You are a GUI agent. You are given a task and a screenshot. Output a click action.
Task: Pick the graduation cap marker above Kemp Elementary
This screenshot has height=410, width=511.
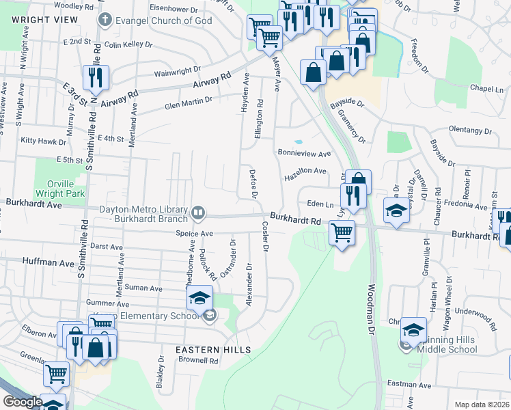point(199,298)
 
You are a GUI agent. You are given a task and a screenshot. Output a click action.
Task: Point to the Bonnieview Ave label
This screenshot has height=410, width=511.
point(303,153)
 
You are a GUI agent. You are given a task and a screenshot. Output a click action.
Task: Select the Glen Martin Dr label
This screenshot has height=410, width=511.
point(189,102)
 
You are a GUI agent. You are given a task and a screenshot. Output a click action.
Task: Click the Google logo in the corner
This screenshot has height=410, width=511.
point(22,402)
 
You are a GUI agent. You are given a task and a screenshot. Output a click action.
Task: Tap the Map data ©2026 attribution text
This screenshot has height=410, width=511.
point(481,405)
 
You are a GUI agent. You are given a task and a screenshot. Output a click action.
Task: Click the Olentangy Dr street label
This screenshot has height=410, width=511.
point(470,129)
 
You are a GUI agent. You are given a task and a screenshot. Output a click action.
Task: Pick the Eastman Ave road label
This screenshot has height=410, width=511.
point(408,385)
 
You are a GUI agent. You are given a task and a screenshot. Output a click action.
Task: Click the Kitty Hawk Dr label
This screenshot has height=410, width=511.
point(44,141)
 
